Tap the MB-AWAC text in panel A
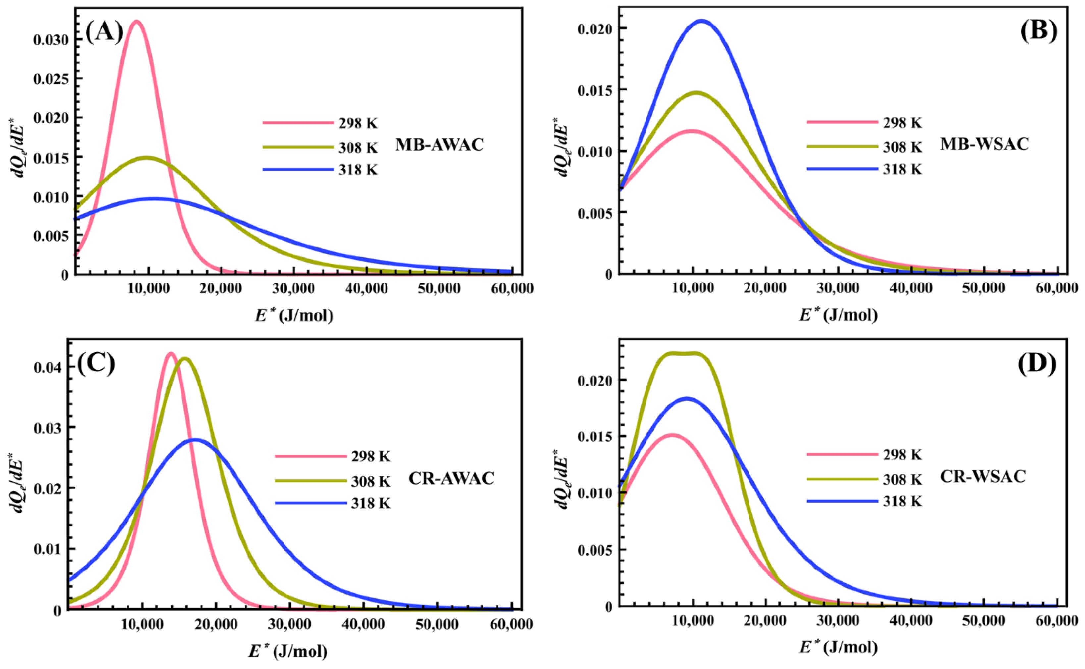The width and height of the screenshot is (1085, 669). (439, 145)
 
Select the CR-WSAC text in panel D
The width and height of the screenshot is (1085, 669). (983, 477)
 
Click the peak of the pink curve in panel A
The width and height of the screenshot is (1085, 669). (137, 21)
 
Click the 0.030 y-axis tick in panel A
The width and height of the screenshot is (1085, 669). (51, 40)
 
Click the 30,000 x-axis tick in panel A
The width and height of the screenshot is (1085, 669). (294, 289)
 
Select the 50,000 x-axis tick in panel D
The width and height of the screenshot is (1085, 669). (984, 621)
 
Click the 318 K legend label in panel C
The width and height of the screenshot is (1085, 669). (371, 503)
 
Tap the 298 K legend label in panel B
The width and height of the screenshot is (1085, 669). (903, 123)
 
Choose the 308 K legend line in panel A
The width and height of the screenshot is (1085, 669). (298, 147)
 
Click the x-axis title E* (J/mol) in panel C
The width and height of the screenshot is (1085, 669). (288, 652)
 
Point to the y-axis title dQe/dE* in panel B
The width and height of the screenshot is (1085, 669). (562, 147)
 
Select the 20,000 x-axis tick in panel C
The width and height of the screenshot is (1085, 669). (216, 624)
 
